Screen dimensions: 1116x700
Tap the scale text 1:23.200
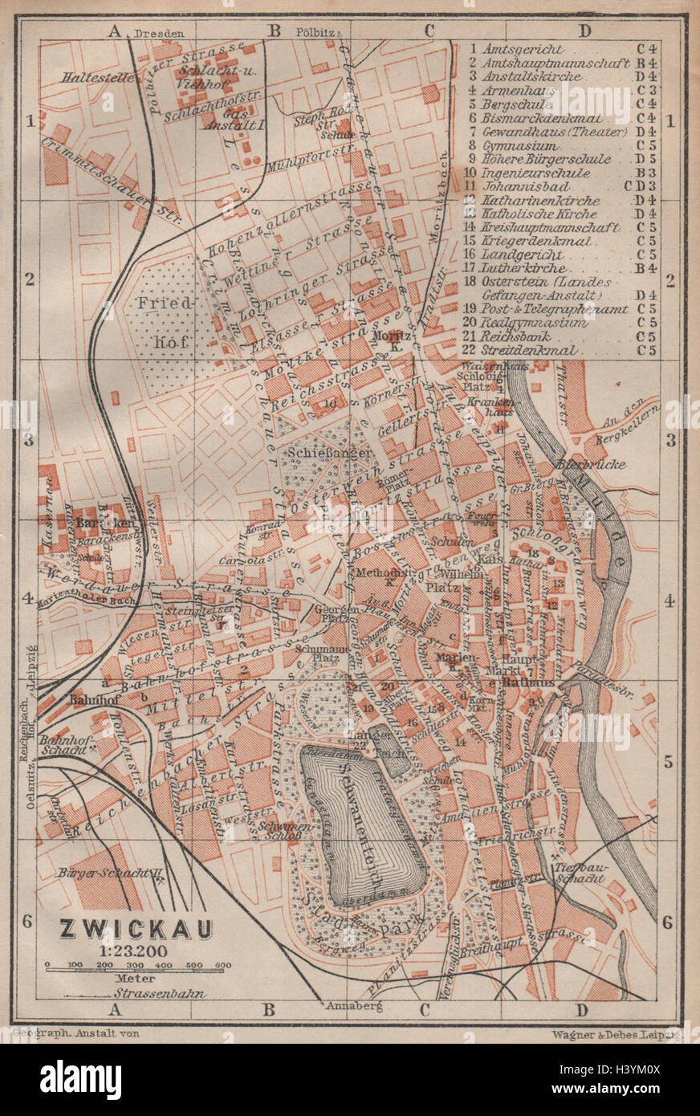(135, 950)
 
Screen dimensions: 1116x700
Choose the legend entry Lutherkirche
(524, 268)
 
